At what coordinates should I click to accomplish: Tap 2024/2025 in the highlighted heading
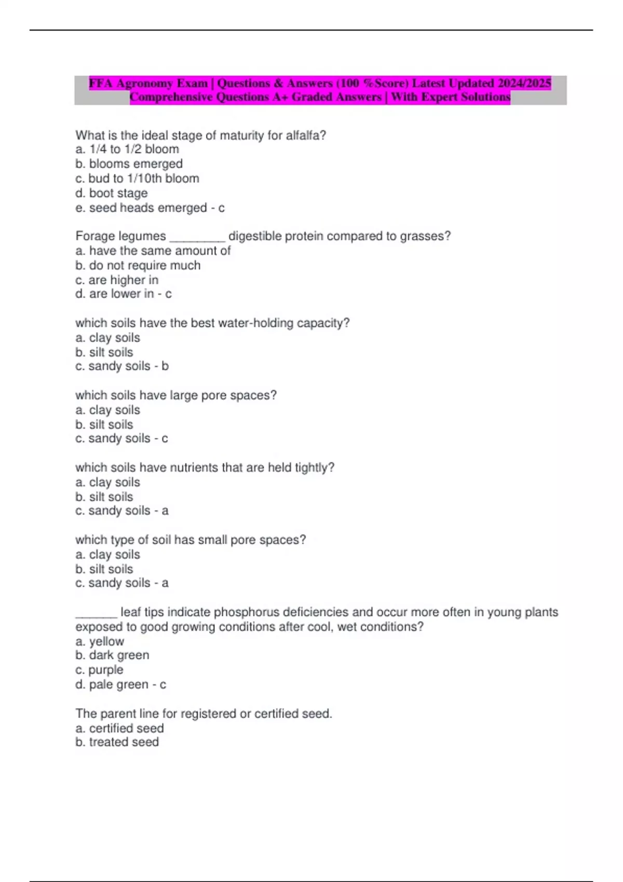click(524, 84)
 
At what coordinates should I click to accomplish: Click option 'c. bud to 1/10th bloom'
click(137, 178)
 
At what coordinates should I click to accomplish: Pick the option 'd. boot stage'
click(111, 193)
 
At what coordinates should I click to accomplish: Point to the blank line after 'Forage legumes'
click(197, 237)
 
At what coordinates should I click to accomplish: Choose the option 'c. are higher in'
click(117, 280)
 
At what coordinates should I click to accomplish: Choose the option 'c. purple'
click(99, 670)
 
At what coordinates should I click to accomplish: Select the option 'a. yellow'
click(100, 641)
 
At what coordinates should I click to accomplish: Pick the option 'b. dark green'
click(112, 655)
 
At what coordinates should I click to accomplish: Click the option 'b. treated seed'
click(117, 742)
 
